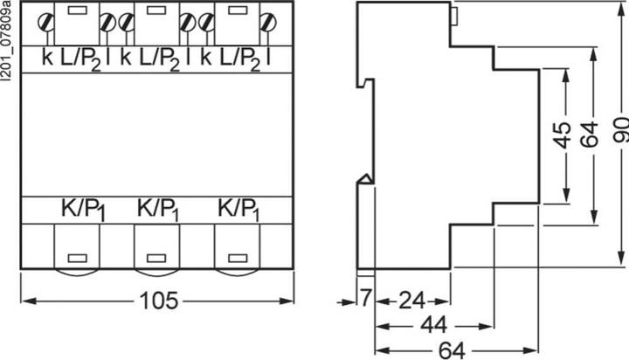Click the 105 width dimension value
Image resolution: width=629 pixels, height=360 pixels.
pyautogui.click(x=158, y=301)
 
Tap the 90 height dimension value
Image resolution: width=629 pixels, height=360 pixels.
pyautogui.click(x=620, y=130)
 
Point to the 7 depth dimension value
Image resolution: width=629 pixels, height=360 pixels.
pyautogui.click(x=364, y=298)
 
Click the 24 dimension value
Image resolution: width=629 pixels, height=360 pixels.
pyautogui.click(x=411, y=301)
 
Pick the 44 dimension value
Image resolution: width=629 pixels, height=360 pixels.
pyautogui.click(x=433, y=325)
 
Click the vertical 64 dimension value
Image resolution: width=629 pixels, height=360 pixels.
pyautogui.click(x=590, y=135)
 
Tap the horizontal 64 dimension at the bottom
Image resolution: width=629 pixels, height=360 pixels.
pyautogui.click(x=452, y=350)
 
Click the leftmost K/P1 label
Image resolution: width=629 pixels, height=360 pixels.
pyautogui.click(x=83, y=210)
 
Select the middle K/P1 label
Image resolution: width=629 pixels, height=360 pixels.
pyautogui.click(x=157, y=210)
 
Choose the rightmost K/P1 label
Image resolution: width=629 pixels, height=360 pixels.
pyautogui.click(x=238, y=210)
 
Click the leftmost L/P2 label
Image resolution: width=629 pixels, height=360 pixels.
pyautogui.click(x=80, y=60)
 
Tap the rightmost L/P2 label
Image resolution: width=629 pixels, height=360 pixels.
pyautogui.click(x=240, y=60)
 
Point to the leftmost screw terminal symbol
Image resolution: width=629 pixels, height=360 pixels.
pyautogui.click(x=45, y=22)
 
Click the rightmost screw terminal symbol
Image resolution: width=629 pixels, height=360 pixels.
pyautogui.click(x=268, y=22)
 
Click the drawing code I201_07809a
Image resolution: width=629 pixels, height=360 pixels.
pyautogui.click(x=5, y=42)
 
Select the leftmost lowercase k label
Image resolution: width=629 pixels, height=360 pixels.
pyautogui.click(x=47, y=58)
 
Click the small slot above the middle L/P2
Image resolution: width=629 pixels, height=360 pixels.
pyautogui.click(x=156, y=10)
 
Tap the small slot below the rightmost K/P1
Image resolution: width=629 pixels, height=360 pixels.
pyautogui.click(x=238, y=258)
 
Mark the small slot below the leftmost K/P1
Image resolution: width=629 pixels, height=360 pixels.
pyautogui.click(x=78, y=258)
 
